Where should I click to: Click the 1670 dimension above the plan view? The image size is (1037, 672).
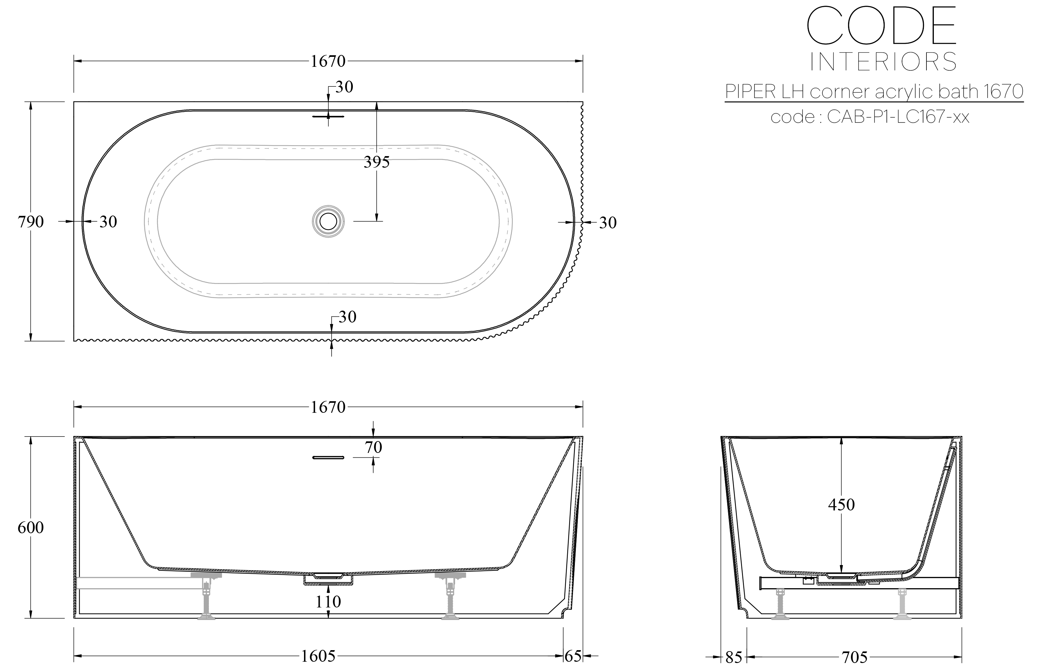click(328, 61)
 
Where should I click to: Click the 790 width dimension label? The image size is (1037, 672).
click(31, 222)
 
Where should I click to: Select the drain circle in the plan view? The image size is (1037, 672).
click(328, 221)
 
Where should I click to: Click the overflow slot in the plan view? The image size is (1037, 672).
click(328, 117)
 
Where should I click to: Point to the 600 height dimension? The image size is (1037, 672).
click(31, 527)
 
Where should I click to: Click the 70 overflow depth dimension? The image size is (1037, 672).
click(373, 447)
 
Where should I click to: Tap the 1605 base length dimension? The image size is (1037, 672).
click(318, 656)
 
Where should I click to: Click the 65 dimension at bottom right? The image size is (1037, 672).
click(573, 656)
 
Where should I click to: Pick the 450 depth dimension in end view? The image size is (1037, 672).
click(841, 504)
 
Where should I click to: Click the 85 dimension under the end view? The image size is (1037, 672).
click(734, 657)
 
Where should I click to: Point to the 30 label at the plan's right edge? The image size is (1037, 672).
click(607, 223)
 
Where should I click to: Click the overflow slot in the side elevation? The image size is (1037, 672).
click(328, 457)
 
